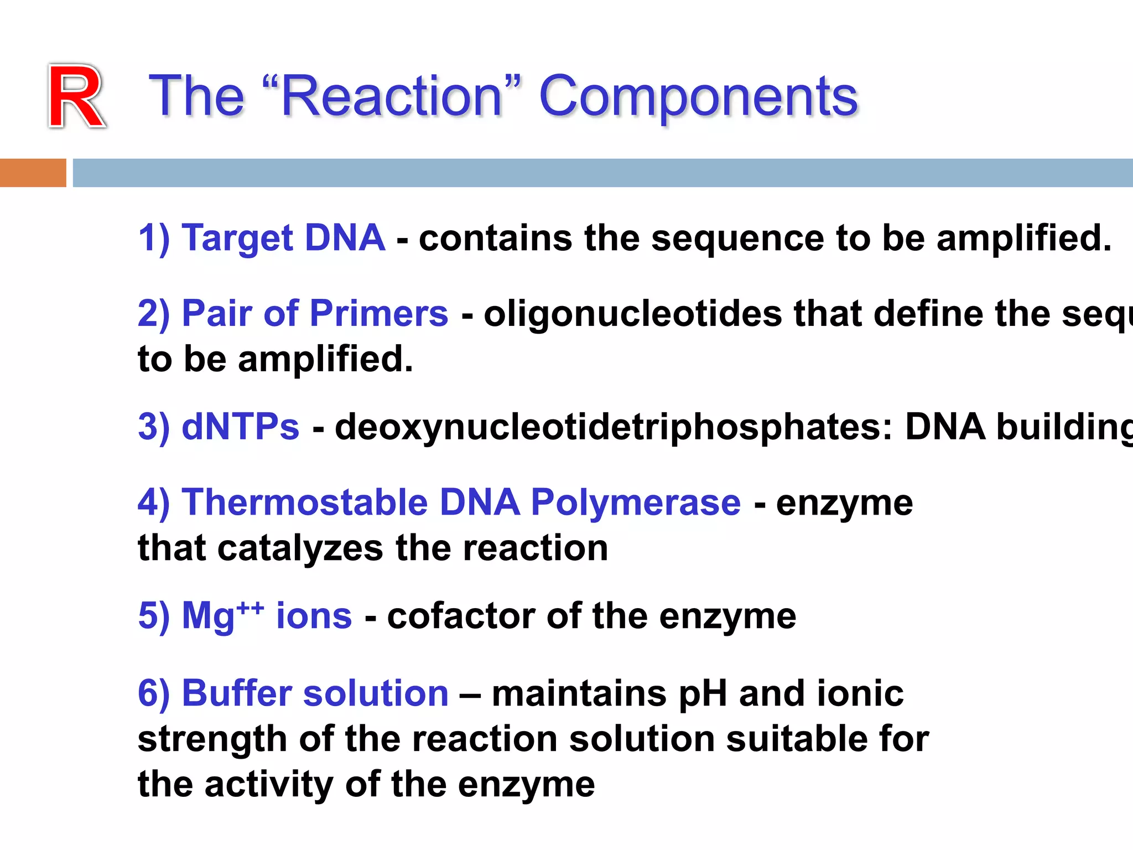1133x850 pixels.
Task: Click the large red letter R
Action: tap(76, 97)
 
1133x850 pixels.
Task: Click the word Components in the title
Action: tap(698, 97)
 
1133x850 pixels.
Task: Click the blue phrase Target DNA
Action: tap(283, 238)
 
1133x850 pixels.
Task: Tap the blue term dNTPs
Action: tap(240, 427)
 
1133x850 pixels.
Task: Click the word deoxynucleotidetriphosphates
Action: tap(613, 428)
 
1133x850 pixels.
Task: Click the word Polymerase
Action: tap(635, 502)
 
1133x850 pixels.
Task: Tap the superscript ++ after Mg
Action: tap(250, 608)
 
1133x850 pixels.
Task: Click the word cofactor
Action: tap(460, 616)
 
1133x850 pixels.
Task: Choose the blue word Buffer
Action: tap(237, 693)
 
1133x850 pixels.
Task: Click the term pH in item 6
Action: tap(701, 694)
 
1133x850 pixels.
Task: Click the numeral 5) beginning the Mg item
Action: tap(154, 616)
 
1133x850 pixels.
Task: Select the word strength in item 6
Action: tap(212, 739)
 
